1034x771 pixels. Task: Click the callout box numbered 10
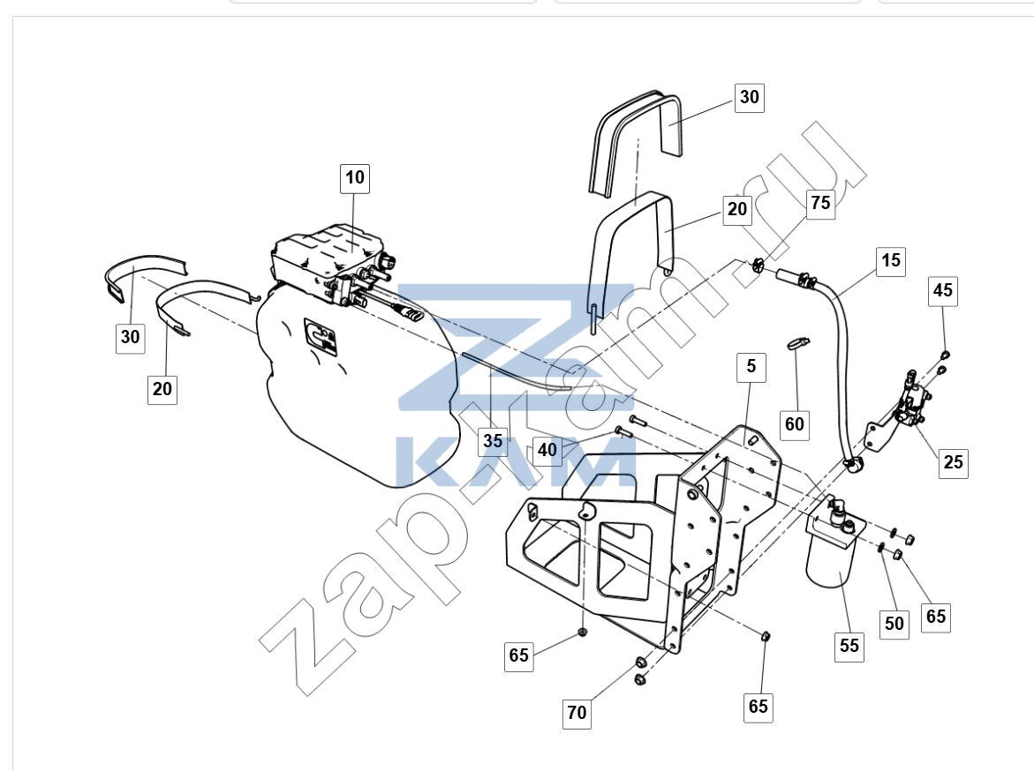pos(355,178)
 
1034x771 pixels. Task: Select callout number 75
pos(820,203)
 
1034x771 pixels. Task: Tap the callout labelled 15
pos(891,261)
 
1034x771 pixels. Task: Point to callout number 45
pos(943,291)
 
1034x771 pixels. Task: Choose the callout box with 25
pos(954,462)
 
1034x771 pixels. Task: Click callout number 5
pos(751,367)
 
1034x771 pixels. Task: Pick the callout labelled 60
pos(795,424)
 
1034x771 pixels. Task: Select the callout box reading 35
pos(493,441)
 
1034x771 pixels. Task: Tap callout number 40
pos(547,451)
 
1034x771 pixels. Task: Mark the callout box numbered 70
pos(577,714)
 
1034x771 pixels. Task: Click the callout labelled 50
pos(894,624)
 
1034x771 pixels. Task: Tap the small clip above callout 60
pos(797,342)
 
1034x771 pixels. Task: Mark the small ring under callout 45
pos(945,356)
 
